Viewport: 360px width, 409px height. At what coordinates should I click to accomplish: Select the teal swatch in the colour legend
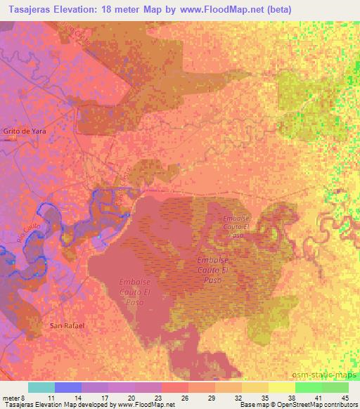[x=41, y=387]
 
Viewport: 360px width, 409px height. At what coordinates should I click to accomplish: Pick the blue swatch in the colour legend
[x=68, y=387]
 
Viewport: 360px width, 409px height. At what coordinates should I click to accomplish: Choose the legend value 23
[x=158, y=398]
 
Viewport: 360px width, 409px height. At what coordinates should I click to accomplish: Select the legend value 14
[x=78, y=398]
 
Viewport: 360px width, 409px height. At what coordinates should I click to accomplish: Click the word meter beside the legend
[x=12, y=398]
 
